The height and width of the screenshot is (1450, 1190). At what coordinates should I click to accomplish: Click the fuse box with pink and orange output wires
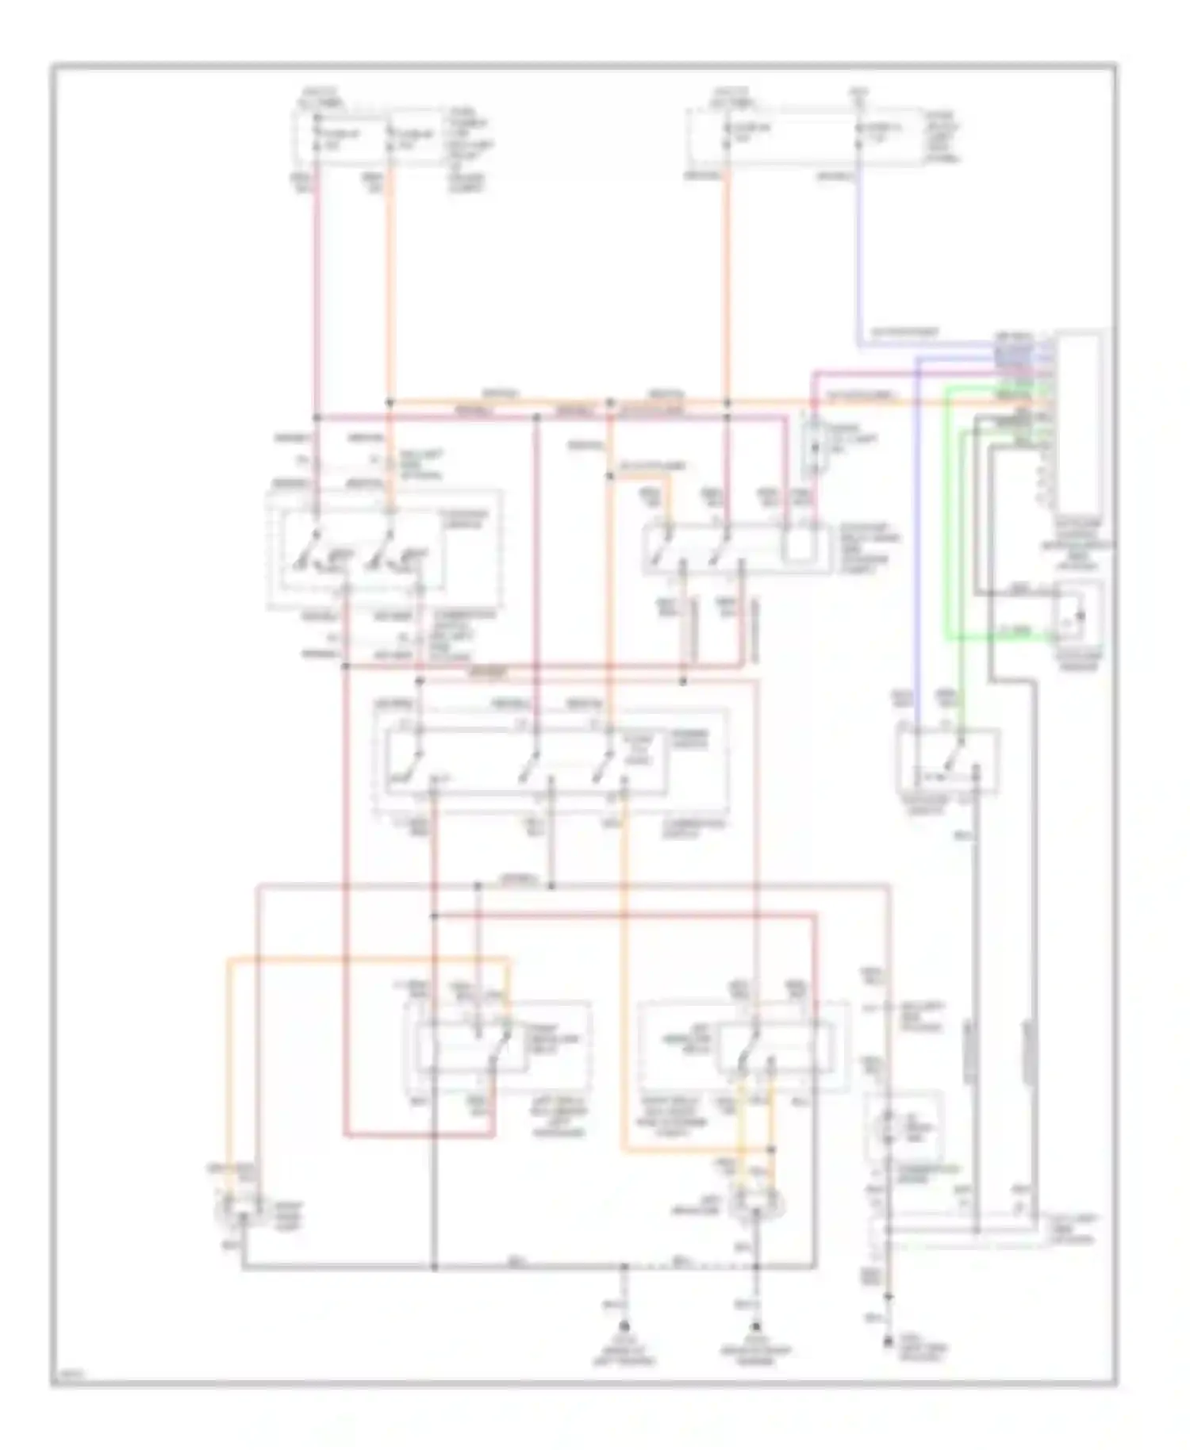(x=369, y=139)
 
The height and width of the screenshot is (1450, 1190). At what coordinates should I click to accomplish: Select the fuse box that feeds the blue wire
(x=805, y=139)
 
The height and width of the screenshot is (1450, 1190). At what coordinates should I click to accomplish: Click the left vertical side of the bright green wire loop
(x=946, y=516)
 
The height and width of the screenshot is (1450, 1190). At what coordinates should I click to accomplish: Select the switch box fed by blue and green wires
(x=947, y=762)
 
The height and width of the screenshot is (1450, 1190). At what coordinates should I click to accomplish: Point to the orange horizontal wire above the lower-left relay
(x=365, y=961)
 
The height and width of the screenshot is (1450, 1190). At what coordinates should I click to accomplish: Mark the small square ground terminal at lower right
(x=889, y=1342)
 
